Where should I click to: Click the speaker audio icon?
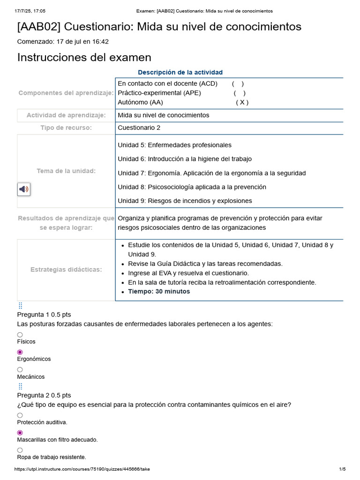tap(24, 189)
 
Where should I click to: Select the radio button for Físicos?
tap(20, 335)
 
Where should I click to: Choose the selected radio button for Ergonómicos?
tap(20, 352)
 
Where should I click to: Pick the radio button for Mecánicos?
tap(20, 369)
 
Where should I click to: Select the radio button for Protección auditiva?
tap(20, 415)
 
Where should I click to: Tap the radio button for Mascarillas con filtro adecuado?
tap(20, 433)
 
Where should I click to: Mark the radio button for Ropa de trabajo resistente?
tap(20, 450)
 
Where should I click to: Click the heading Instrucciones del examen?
tap(84, 58)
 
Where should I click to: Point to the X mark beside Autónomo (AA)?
tap(242, 102)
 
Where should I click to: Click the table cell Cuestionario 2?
tap(139, 128)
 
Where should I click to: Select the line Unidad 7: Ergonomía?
tap(211, 173)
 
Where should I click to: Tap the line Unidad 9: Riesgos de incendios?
tap(185, 201)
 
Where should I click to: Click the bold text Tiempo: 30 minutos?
tap(159, 292)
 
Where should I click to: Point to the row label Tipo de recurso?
tap(66, 128)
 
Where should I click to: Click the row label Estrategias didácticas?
tap(66, 270)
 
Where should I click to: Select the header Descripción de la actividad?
tap(180, 72)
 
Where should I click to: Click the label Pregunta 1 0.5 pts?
tap(44, 315)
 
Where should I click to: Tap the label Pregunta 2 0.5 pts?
tap(44, 395)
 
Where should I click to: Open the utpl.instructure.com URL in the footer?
tap(82, 469)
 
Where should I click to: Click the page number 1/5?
tap(342, 469)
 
